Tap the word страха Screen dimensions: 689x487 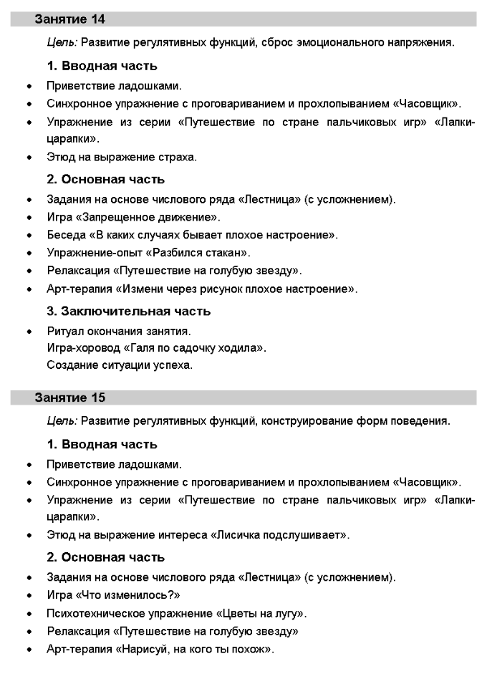(175, 157)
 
